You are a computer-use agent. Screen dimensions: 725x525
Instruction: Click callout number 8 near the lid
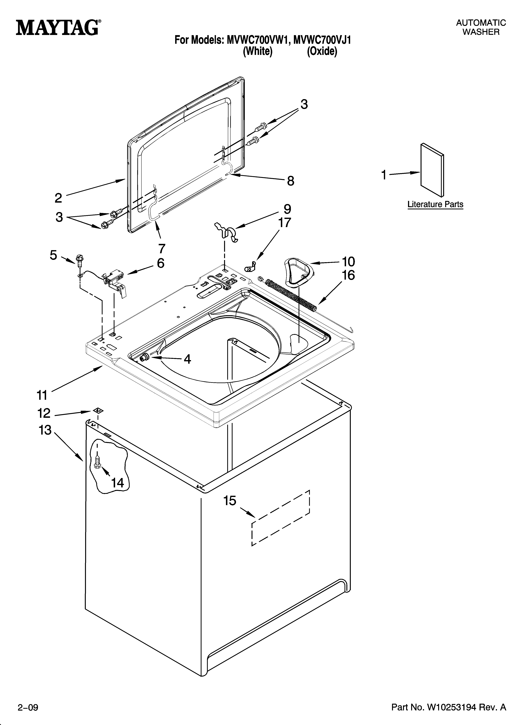tap(290, 181)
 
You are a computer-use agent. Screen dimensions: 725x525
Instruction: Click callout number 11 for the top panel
tap(42, 395)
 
